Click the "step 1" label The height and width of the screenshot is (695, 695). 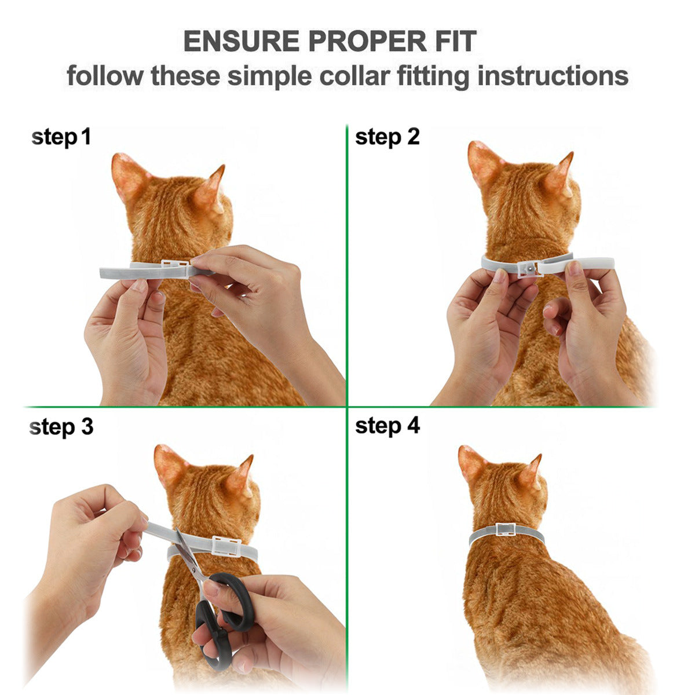(x=61, y=138)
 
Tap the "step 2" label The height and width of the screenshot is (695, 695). (x=387, y=137)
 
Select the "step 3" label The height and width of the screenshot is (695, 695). (x=61, y=427)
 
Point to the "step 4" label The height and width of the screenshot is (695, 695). (x=387, y=426)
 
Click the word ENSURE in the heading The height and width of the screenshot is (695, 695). (x=241, y=42)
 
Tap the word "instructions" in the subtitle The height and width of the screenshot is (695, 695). (x=553, y=76)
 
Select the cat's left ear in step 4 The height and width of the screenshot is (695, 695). (x=472, y=463)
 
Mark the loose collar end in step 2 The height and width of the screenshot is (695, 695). (x=591, y=263)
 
